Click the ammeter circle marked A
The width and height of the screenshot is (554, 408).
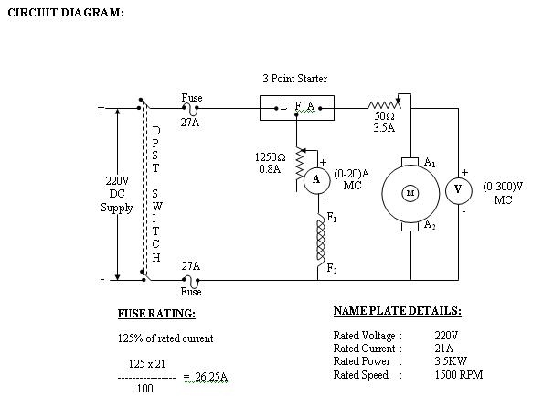point(316,179)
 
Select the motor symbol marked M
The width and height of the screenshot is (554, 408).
point(410,192)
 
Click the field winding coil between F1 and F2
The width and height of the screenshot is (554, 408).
point(321,240)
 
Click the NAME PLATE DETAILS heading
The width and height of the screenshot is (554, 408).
point(398,311)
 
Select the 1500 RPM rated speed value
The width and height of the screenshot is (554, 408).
point(459,375)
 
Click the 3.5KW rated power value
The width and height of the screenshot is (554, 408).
point(451,361)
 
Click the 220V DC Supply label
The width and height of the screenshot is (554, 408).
point(117,194)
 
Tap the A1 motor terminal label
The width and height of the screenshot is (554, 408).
point(430,161)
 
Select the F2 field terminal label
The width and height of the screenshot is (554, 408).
point(332,269)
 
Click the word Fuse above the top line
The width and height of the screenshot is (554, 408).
point(192,97)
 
